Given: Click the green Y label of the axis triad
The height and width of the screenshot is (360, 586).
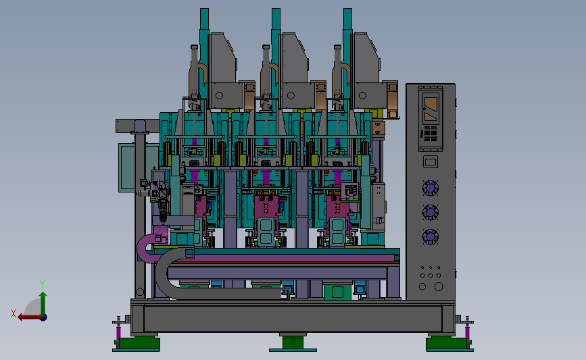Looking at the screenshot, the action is click(43, 284).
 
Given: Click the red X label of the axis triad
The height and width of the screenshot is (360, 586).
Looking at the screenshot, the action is click(14, 313).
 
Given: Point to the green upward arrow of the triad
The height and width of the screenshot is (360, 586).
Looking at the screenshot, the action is click(43, 304).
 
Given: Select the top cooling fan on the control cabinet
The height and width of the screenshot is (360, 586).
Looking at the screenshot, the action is click(430, 188).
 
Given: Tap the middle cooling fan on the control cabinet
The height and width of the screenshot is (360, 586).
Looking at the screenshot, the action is click(430, 213).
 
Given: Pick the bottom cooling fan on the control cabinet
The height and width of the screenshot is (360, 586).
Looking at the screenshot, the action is click(430, 237).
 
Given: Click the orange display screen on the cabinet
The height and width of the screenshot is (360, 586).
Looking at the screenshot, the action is click(431, 109).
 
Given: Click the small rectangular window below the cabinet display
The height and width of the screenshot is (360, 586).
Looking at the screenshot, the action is click(431, 162).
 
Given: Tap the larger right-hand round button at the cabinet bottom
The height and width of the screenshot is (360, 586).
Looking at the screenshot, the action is click(439, 286).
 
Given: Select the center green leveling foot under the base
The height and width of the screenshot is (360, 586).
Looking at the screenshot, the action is click(293, 342).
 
